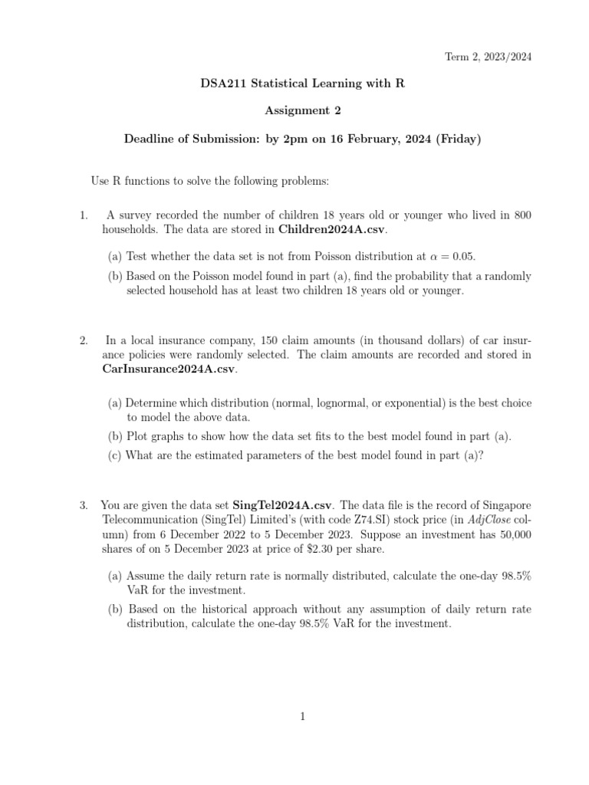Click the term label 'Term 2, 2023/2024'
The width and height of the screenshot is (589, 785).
point(489,57)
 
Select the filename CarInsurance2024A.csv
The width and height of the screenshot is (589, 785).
point(168,369)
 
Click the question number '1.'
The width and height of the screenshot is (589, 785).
point(84,215)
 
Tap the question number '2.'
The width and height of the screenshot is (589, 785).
point(84,340)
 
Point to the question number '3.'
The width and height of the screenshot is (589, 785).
point(84,505)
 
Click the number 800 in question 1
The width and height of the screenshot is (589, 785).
point(522,215)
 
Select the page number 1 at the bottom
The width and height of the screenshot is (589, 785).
point(303,717)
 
